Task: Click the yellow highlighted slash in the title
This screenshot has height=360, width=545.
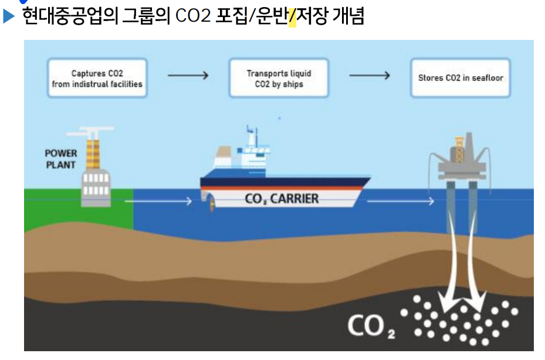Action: [292, 16]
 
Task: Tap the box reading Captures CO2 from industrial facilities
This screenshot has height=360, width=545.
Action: [97, 79]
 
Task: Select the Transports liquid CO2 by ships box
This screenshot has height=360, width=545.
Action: [279, 79]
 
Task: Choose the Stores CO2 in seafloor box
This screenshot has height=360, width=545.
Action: [461, 78]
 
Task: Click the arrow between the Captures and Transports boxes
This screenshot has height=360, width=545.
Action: [188, 76]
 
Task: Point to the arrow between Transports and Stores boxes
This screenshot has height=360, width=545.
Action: [370, 76]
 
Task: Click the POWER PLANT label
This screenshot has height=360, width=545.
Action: [61, 159]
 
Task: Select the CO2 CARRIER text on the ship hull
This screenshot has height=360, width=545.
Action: [282, 199]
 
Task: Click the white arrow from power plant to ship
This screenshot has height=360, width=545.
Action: [158, 202]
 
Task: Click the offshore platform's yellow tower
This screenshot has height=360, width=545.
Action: [461, 143]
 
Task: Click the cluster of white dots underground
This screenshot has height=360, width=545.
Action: [463, 320]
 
